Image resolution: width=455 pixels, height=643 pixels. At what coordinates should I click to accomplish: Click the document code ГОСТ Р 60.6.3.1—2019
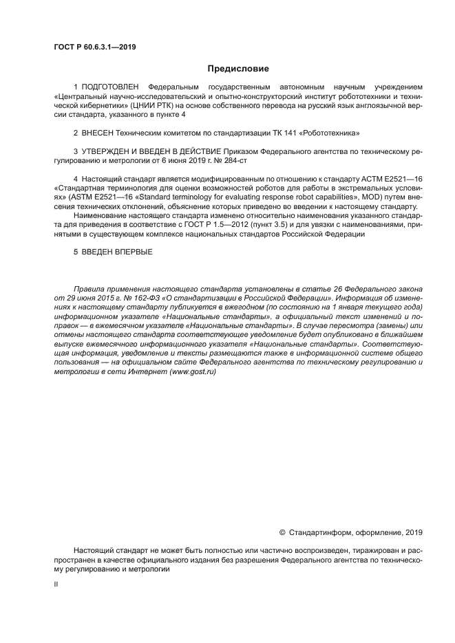pyautogui.click(x=94, y=47)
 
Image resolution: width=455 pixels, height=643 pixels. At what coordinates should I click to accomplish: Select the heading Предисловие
pyautogui.click(x=238, y=69)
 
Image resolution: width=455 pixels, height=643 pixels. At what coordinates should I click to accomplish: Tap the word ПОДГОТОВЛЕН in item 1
pyautogui.click(x=110, y=87)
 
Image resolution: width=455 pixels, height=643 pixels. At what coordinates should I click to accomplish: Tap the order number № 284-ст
pyautogui.click(x=243, y=159)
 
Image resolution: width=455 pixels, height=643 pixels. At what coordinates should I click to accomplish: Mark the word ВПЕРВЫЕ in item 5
pyautogui.click(x=130, y=252)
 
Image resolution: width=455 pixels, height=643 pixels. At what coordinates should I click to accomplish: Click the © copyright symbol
pyautogui.click(x=282, y=532)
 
